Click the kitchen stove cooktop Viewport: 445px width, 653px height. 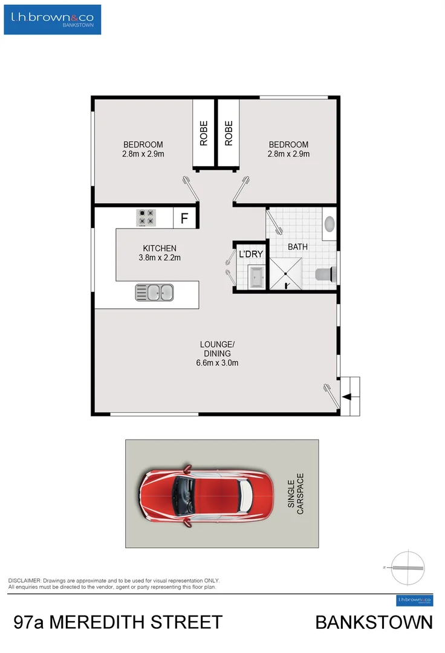tap(146, 217)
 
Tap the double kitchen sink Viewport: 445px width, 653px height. tap(155, 293)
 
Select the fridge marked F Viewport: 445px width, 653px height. tap(184, 218)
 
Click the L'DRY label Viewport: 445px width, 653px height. tap(250, 255)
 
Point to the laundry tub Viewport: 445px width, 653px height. tap(256, 277)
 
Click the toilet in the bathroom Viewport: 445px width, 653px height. tap(325, 275)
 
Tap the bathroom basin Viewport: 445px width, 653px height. tap(330, 224)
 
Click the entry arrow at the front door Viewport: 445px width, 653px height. tap(347, 397)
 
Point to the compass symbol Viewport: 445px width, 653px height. tap(408, 567)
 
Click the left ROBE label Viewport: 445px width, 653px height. tap(204, 134)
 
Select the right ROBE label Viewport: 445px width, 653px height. tap(229, 134)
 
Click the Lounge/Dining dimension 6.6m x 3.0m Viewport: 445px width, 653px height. tap(217, 363)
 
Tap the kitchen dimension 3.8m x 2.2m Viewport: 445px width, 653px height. tap(160, 258)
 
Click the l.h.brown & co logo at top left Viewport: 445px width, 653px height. tap(53, 19)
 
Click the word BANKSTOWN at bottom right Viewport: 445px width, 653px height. tap(374, 623)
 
